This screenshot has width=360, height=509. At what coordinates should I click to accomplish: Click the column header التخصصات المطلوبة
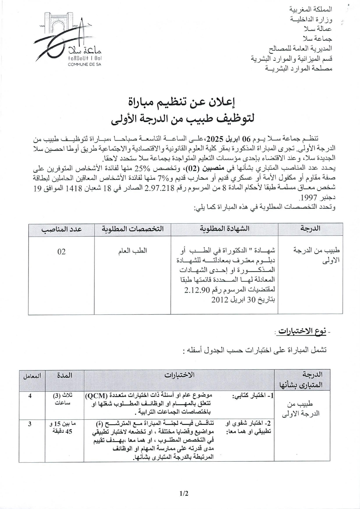(132, 229)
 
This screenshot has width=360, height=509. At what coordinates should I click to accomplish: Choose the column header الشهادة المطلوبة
(224, 229)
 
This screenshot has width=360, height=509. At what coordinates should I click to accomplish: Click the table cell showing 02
(61, 252)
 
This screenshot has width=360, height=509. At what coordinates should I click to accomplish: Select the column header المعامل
(32, 376)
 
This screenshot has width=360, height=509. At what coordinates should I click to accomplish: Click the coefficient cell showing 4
(30, 396)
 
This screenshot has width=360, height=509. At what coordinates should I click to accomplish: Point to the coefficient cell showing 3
(30, 424)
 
